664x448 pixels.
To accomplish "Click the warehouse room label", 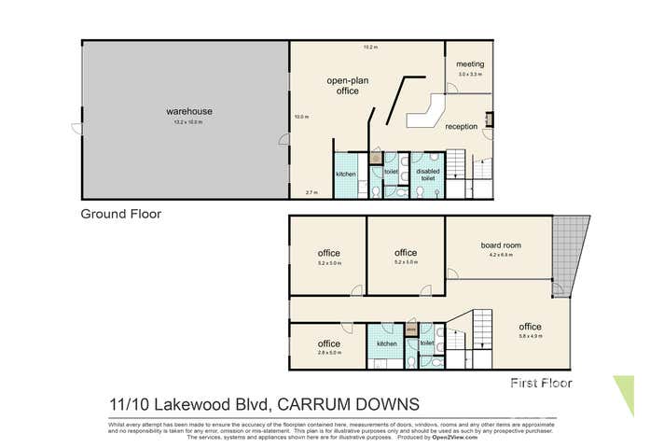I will [184, 111].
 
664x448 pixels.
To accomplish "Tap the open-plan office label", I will [342, 86].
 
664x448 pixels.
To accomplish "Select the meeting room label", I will [469, 63].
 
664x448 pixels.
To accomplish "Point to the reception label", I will [461, 126].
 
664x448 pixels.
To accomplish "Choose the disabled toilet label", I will [428, 175].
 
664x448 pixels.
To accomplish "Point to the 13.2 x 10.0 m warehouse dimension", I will [184, 121].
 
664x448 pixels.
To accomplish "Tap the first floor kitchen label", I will [386, 343].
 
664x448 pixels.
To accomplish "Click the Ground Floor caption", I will [120, 214].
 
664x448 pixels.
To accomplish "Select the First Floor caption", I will [541, 383].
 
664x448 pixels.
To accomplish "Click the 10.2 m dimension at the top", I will [369, 47].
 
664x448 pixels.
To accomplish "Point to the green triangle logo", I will [624, 391].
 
